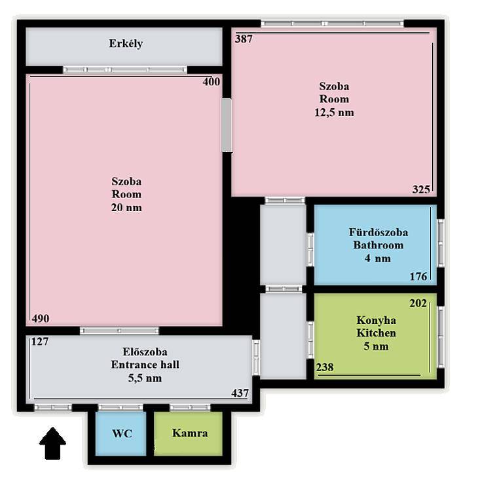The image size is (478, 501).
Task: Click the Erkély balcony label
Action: pos(126,44)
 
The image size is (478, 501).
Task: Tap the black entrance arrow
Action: pos(52,443)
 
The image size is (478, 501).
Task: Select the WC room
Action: pos(121,433)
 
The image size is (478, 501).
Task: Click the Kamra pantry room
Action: pos(189,433)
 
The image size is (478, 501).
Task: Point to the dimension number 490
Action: pos(41,318)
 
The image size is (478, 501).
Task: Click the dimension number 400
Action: pos(211,81)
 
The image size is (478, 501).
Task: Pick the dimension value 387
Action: pos(244,39)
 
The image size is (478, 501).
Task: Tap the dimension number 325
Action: pos(421,189)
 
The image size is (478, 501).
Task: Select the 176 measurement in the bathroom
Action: pos(418,276)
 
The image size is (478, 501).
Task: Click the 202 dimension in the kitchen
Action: pos(418,302)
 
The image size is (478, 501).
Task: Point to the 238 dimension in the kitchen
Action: pos(325,367)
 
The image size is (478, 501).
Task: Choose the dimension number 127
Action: pos(40,341)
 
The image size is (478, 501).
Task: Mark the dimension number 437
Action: pos(240,392)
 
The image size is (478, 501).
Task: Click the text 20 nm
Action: pos(126,207)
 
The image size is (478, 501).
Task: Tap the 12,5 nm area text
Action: pos(334,112)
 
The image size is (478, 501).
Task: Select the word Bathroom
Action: pos(378,245)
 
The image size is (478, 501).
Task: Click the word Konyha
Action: pos(377,320)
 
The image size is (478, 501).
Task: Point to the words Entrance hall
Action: pos(145,365)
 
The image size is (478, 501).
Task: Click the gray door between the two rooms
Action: pos(227,125)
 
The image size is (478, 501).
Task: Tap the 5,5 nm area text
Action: pos(145,378)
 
